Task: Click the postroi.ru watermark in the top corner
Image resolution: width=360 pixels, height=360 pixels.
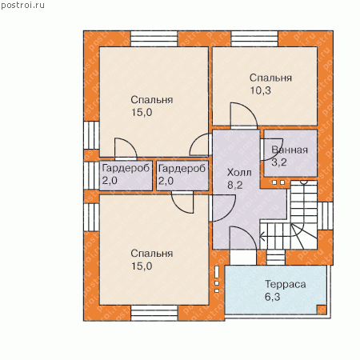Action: pos(22,6)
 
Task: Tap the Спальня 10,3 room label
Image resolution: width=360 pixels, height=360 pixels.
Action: pos(270,84)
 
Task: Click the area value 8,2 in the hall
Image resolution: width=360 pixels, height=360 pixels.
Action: pos(234,185)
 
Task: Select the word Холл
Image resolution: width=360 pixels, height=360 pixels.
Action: pos(239,173)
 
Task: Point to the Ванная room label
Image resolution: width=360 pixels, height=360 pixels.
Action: pos(290,150)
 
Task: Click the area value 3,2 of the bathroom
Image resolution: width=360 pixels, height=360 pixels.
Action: pos(279,162)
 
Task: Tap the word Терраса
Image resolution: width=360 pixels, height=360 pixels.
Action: pos(286,284)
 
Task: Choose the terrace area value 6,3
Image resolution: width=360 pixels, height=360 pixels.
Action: pos(272,297)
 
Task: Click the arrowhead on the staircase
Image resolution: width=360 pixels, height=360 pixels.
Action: pos(262,236)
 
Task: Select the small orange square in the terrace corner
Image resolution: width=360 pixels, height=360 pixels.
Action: pos(322,310)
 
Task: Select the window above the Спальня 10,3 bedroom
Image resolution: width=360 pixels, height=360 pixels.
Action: pos(254,39)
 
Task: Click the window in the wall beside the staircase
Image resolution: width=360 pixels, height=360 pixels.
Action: pos(325,216)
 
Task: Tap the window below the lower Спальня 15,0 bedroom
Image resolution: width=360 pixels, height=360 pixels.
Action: pos(154,313)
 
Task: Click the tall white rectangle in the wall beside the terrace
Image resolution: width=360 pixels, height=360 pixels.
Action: pos(217,272)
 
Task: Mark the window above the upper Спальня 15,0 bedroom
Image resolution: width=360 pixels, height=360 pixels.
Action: pos(154,39)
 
